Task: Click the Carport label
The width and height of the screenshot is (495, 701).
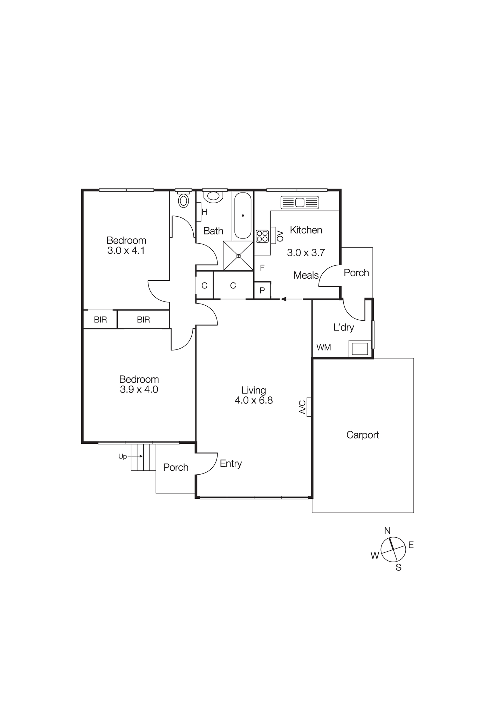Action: tap(363, 435)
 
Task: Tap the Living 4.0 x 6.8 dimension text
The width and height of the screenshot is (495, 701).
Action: tap(254, 400)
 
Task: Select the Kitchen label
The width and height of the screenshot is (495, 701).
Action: tap(306, 230)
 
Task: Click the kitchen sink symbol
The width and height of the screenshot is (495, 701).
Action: tap(300, 203)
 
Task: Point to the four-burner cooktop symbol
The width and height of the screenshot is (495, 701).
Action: tap(262, 236)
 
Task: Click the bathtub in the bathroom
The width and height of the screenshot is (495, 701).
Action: tap(242, 215)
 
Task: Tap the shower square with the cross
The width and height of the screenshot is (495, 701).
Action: tap(238, 256)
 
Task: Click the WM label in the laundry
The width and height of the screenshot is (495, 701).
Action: tap(323, 347)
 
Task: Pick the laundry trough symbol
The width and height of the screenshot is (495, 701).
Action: tap(360, 349)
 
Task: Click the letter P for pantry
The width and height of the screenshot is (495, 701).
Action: tap(262, 291)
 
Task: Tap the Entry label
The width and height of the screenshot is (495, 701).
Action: tap(231, 463)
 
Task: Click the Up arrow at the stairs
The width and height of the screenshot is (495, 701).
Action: tap(135, 456)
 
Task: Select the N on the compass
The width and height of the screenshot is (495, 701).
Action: tap(387, 531)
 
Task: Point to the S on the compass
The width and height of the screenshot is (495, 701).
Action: tap(398, 568)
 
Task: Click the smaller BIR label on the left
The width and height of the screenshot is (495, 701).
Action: tap(100, 320)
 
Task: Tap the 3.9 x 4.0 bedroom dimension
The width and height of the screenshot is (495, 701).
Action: tap(139, 389)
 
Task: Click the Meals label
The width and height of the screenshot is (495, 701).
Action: tap(306, 275)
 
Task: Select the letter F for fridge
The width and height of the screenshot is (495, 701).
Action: tap(262, 268)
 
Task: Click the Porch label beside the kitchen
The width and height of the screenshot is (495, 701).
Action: tap(356, 273)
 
